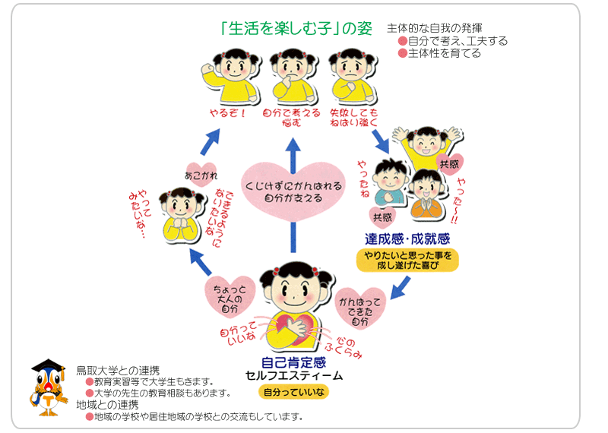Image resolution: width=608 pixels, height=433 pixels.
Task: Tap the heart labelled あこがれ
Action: pyautogui.click(x=201, y=172)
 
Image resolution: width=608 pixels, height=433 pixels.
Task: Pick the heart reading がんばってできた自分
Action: pyautogui.click(x=361, y=307)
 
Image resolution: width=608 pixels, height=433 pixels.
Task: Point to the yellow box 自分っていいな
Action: pyautogui.click(x=293, y=392)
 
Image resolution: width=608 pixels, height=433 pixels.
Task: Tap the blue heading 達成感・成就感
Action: pyautogui.click(x=407, y=239)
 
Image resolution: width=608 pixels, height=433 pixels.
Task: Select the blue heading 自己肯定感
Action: pyautogui.click(x=293, y=362)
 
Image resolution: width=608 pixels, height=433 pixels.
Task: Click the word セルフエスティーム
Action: pyautogui.click(x=293, y=376)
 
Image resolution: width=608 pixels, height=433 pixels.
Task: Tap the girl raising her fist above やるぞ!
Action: pyautogui.click(x=229, y=77)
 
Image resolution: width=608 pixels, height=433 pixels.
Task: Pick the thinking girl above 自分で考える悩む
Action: pyautogui.click(x=292, y=77)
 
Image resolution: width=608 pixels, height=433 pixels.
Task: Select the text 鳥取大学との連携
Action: pyautogui.click(x=118, y=370)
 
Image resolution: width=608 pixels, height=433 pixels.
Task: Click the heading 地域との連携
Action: pyautogui.click(x=107, y=404)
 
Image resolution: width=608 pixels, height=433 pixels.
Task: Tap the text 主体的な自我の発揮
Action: pyautogui.click(x=434, y=28)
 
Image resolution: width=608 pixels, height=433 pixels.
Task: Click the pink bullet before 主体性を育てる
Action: pyautogui.click(x=403, y=53)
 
